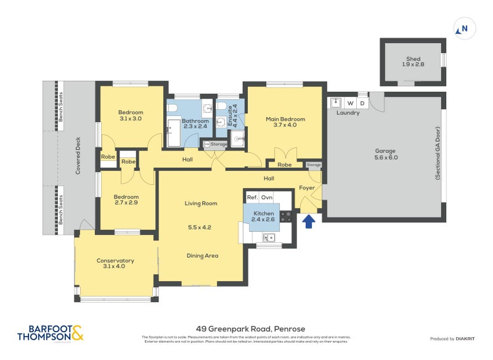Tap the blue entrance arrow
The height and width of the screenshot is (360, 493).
tap(309, 221)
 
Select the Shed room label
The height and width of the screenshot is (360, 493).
tap(413, 59)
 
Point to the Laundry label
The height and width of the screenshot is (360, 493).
tap(348, 113)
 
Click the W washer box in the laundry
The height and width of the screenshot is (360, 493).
tap(351, 102)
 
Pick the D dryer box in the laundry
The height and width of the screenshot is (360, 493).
tap(362, 102)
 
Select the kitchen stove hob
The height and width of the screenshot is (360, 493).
tap(286, 216)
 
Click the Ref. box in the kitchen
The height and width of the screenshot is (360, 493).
tap(252, 197)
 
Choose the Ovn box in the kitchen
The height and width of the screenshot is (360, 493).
tap(267, 197)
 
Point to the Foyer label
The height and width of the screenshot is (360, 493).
tap(307, 188)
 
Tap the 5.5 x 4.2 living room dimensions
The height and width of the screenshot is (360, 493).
tap(200, 227)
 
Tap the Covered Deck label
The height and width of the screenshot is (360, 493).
tap(78, 157)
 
